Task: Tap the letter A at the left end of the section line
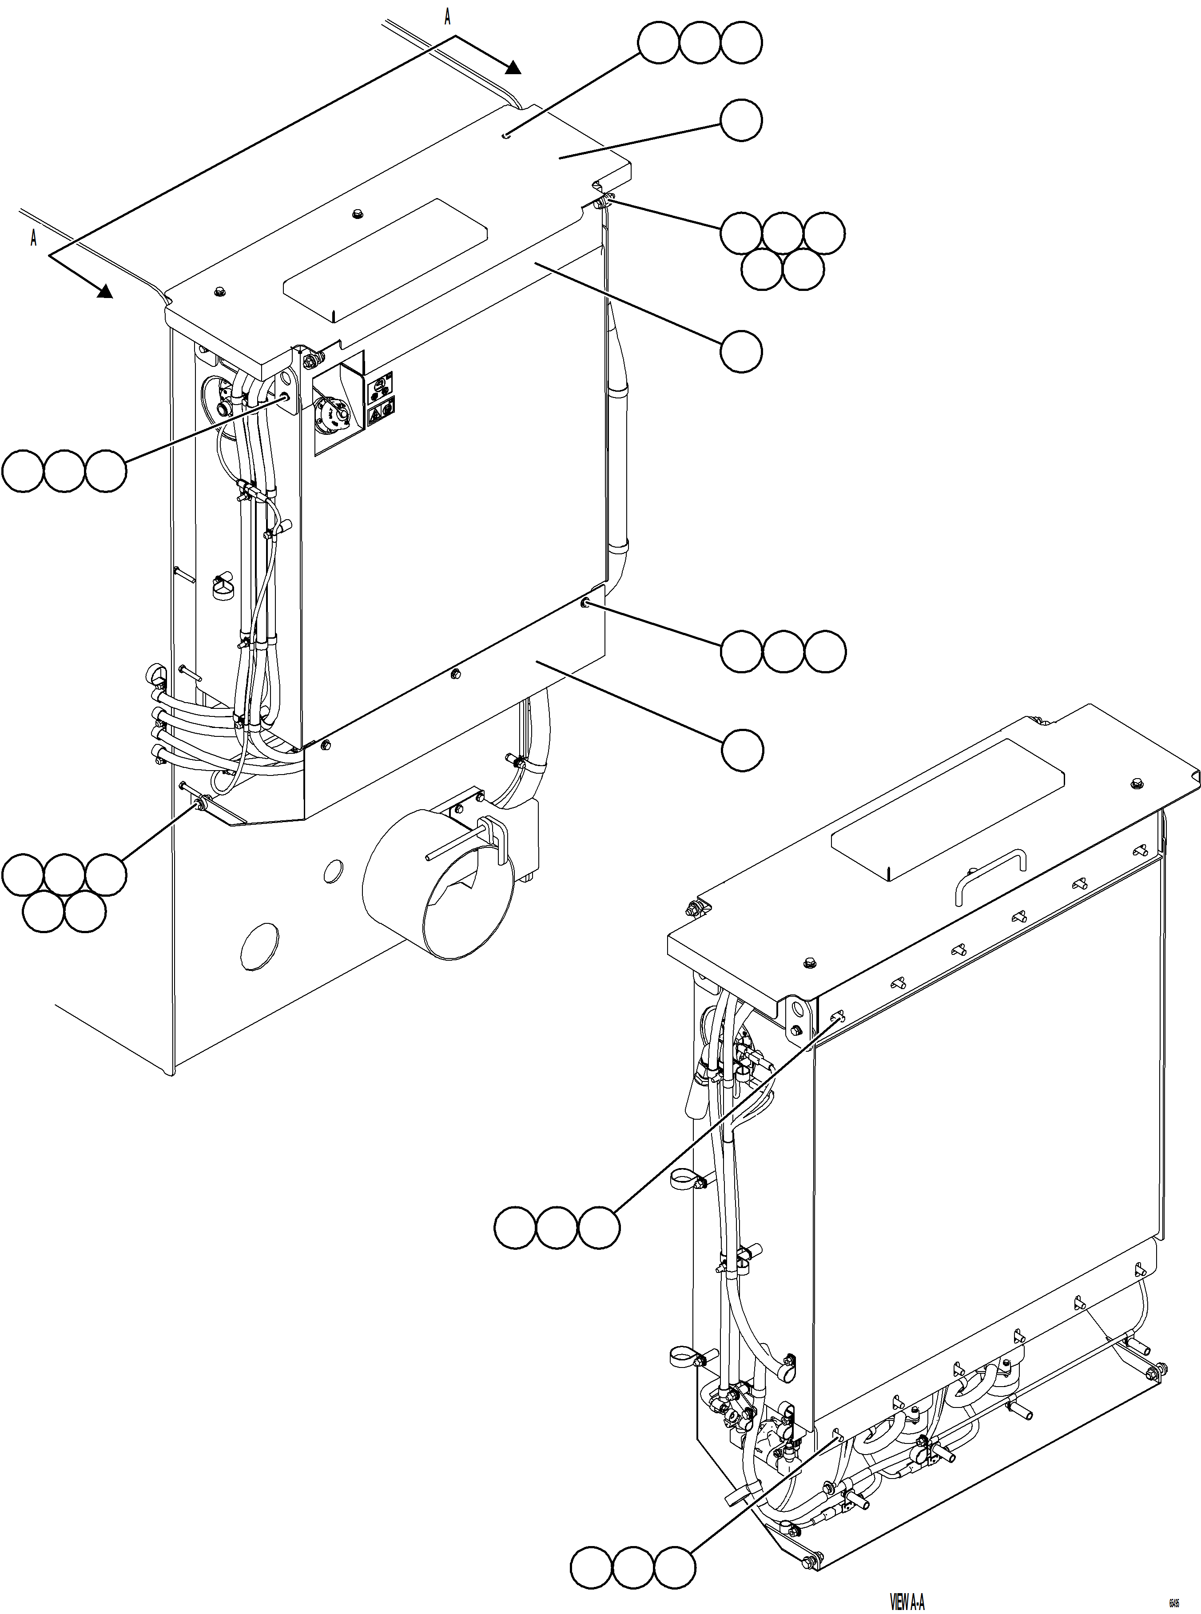pos(33,238)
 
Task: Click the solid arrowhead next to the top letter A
pos(513,68)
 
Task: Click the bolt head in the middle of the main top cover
pos(357,214)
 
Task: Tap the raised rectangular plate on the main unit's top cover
pos(386,259)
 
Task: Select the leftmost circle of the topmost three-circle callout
pos(659,43)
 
